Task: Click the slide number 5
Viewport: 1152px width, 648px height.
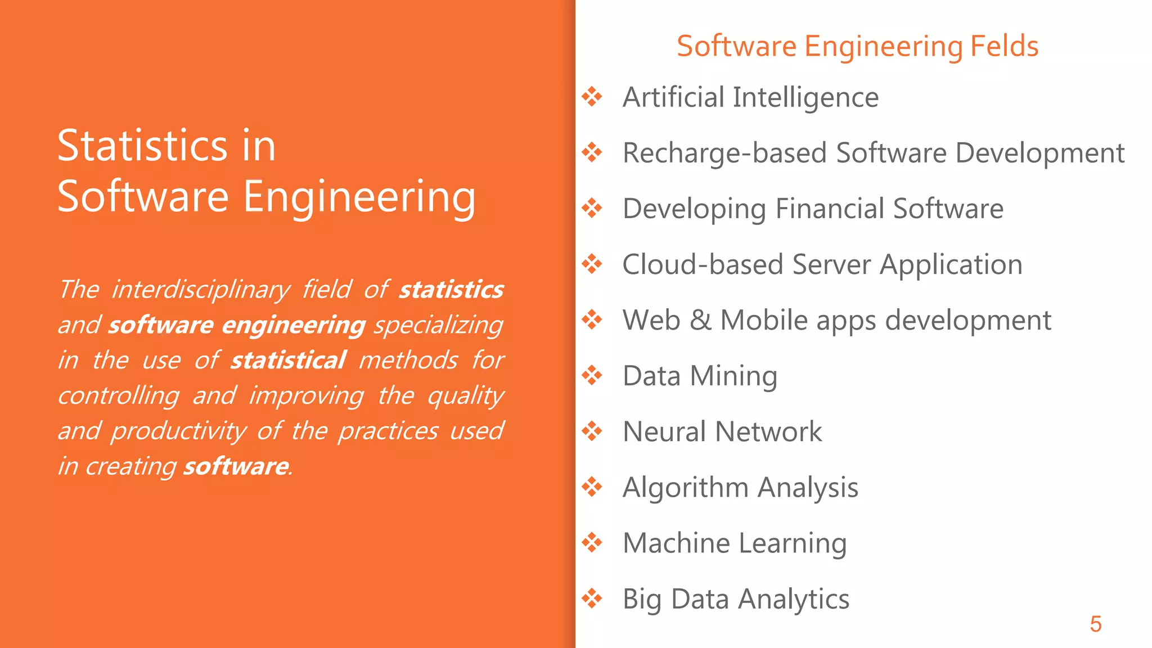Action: pos(1095,624)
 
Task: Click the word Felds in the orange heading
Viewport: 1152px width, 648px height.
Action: pos(1004,46)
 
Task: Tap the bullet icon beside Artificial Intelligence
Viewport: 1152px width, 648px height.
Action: pos(592,97)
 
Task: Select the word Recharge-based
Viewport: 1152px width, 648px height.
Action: pos(725,154)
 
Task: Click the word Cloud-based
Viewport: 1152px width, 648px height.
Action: pos(703,264)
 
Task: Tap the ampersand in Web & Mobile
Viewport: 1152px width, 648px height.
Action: pos(700,320)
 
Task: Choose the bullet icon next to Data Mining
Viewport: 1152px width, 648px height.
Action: pos(592,375)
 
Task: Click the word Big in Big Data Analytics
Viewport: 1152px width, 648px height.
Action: pos(642,599)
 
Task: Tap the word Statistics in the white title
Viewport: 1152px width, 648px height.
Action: pos(143,146)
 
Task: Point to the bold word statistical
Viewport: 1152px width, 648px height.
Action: pos(288,361)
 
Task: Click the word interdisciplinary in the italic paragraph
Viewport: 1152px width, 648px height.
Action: pos(200,290)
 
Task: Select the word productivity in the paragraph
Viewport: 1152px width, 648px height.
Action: pos(178,431)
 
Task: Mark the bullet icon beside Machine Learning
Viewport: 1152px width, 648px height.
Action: pos(592,543)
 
